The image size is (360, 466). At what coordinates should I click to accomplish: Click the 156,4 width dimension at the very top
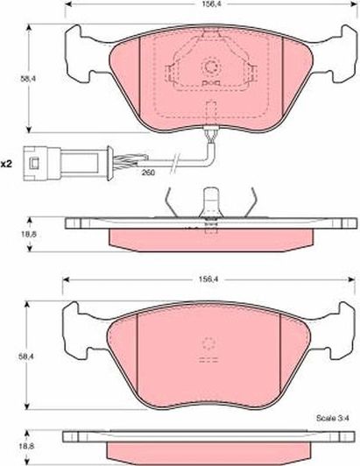pos(207,5)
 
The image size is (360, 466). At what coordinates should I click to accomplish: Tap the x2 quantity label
pos(8,163)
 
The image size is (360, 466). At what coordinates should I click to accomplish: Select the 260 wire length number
pos(148,173)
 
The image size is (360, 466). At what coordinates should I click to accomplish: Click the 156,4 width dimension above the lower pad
pos(207,282)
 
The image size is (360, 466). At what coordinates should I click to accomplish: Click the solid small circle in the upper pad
pos(210,66)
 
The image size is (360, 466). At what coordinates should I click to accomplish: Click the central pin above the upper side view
pos(210,202)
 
